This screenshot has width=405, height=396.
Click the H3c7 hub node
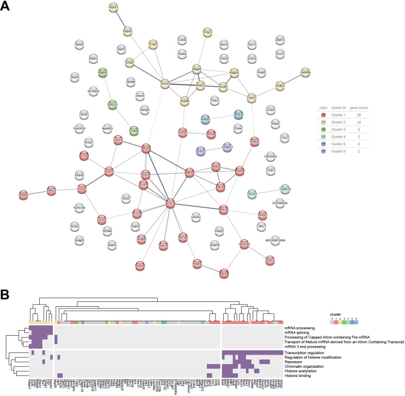(x=170, y=203)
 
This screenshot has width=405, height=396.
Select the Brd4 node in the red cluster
(x=145, y=148)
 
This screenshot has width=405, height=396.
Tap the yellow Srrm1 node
(x=165, y=84)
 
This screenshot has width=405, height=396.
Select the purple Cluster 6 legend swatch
(x=323, y=153)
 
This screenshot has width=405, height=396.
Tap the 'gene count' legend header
(x=359, y=108)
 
